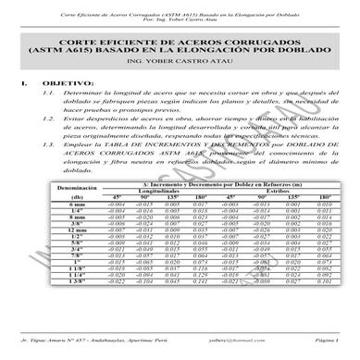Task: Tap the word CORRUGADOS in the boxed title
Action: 239,58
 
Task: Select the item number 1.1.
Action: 49,121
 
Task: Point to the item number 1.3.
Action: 49,172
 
